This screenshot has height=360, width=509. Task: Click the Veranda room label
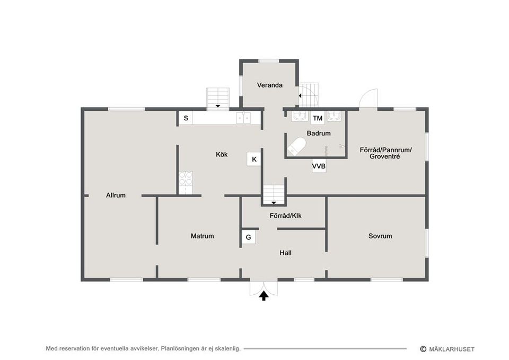click(269, 85)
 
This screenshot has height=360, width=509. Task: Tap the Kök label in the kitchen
click(222, 154)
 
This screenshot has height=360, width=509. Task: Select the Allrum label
click(116, 195)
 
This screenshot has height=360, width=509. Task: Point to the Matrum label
click(202, 236)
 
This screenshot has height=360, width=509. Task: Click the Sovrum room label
click(380, 236)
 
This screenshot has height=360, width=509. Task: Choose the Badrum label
click(319, 133)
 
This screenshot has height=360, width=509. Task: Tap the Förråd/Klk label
click(285, 216)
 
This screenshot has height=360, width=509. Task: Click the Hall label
click(285, 252)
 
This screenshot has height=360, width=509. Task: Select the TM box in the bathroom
click(318, 118)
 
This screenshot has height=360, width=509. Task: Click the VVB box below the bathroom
click(319, 166)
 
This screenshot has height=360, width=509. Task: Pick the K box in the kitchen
click(254, 159)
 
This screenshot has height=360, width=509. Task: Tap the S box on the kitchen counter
click(186, 118)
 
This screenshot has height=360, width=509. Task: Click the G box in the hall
click(248, 238)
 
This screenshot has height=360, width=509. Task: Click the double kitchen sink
click(243, 118)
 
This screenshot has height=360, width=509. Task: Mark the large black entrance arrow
click(264, 296)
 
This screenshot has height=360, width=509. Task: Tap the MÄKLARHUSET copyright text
click(447, 349)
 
